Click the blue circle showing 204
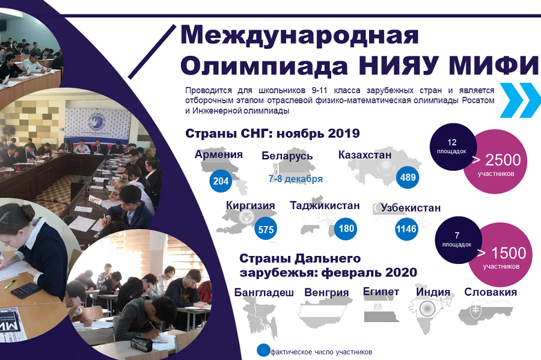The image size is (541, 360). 221,181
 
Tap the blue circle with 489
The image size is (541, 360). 408,177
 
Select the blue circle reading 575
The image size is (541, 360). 266,230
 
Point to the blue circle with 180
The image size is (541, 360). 346,228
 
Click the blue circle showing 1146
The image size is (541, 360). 406,228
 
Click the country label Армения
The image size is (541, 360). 219,154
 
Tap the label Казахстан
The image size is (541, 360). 365,155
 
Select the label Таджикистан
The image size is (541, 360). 325,206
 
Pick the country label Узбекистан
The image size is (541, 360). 411,208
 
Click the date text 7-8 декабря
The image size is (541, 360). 296,179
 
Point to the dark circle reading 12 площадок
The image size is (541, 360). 453,147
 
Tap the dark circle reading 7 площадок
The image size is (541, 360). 458,240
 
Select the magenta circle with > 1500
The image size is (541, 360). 501,254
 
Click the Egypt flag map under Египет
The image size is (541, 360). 381,310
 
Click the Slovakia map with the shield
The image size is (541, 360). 484,313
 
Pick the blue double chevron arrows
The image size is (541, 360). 521,100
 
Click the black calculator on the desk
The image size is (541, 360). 25,290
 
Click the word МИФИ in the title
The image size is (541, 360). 495,65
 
